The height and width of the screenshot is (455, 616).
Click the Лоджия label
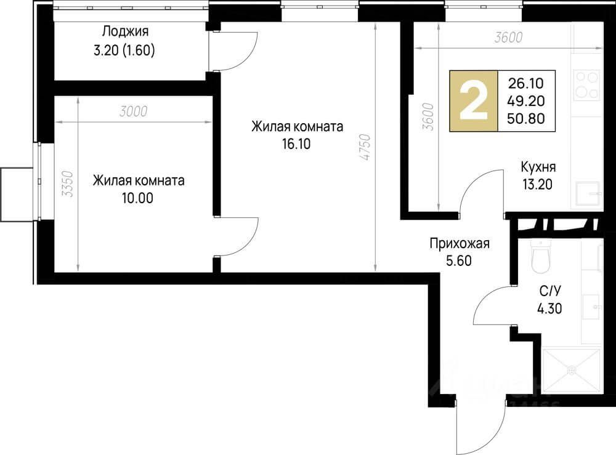point(126,31)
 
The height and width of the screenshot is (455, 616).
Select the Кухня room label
point(538,166)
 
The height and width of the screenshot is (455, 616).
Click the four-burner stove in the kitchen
point(586,85)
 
